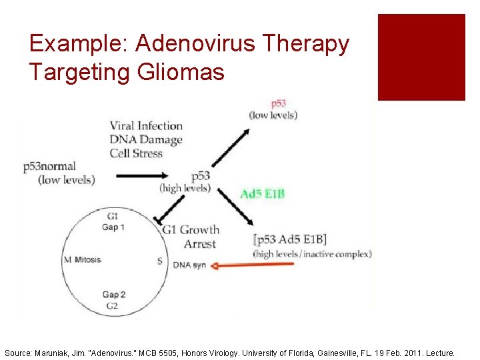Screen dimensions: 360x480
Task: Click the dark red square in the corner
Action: point(421,57)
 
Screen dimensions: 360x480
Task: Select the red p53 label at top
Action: point(278,104)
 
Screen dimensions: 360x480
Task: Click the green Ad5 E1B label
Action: point(263,194)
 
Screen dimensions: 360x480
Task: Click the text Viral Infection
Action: point(146,125)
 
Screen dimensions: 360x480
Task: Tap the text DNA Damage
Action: point(146,139)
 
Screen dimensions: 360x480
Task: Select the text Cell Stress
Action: point(137,153)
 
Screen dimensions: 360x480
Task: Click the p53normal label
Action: point(49,167)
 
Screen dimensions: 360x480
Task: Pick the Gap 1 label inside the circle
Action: point(113,227)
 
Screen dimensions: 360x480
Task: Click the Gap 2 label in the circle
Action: point(114,295)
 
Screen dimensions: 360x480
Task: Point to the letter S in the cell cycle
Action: point(160,261)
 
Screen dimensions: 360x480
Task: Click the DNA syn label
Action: point(189,265)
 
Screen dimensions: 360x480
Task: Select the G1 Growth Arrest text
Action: point(191,237)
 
